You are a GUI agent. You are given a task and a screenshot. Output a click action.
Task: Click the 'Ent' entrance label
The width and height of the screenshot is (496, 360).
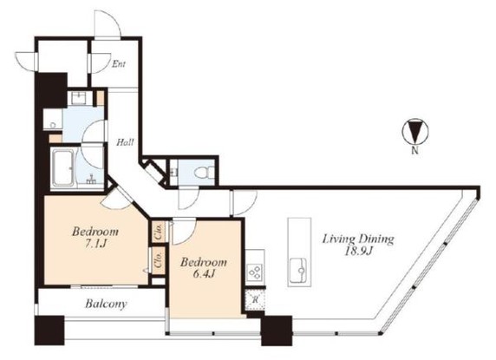click(121, 63)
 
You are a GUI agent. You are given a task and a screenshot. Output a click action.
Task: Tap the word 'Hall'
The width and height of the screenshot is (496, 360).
click(125, 141)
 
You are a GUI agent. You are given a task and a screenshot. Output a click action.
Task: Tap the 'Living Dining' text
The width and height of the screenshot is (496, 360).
click(359, 238)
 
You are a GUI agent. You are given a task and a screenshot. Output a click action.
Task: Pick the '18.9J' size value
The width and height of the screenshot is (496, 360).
click(359, 251)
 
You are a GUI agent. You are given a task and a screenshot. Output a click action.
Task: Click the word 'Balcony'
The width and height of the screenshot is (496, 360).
click(106, 304)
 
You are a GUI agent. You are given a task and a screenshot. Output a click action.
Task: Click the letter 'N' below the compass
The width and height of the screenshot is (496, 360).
click(414, 151)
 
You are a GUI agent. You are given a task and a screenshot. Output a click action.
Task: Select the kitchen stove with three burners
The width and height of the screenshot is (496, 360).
click(255, 272)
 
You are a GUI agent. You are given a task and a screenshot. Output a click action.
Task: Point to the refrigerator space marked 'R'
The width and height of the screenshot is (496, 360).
click(252, 300)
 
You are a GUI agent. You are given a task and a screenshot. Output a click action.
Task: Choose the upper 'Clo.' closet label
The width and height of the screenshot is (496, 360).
click(159, 232)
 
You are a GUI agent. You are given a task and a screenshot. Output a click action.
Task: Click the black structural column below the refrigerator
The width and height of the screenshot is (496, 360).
click(276, 330)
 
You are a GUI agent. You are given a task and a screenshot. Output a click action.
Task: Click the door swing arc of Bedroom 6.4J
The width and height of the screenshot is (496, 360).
click(185, 231)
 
